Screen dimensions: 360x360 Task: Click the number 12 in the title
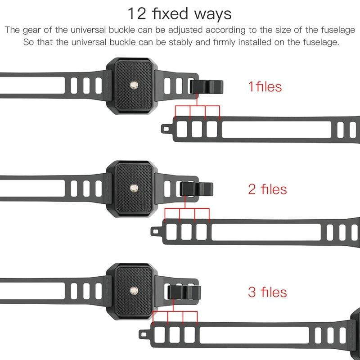tap(137, 13)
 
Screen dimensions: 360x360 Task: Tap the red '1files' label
tap(265, 86)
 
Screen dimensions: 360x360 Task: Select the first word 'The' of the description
tap(12, 31)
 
